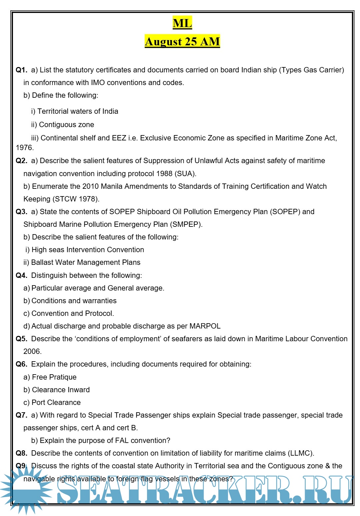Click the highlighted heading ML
(x=182, y=23)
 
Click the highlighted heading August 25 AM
(x=182, y=41)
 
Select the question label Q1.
(x=21, y=70)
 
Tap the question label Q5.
(x=21, y=339)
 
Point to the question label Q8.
(x=21, y=453)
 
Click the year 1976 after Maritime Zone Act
(x=24, y=148)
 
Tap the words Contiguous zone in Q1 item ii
(x=66, y=125)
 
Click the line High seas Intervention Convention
(x=88, y=250)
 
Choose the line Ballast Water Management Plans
(x=86, y=263)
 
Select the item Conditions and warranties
(x=74, y=301)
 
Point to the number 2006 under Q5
(x=32, y=352)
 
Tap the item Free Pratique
(x=54, y=377)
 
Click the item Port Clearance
(x=56, y=403)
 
